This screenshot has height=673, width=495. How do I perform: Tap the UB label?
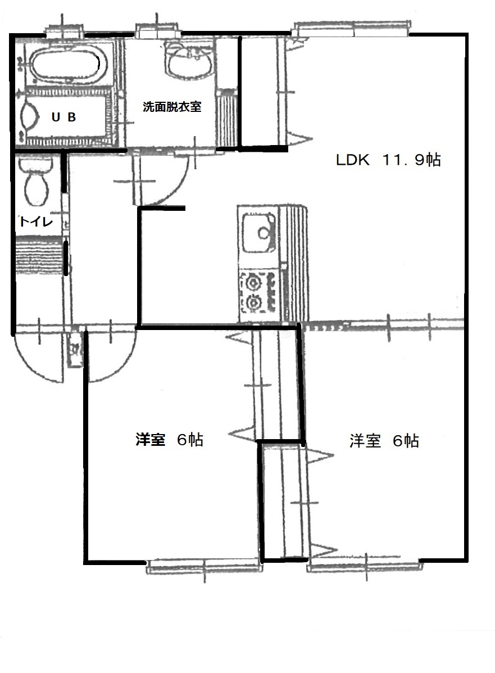(63, 117)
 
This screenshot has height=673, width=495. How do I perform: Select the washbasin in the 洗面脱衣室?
(189, 62)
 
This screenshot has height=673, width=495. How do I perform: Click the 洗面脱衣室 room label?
(171, 106)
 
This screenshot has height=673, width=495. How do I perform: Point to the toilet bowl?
(36, 184)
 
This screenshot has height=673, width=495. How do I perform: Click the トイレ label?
(36, 222)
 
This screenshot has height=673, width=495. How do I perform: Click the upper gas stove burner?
(253, 282)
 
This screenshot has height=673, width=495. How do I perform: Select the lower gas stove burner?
(253, 303)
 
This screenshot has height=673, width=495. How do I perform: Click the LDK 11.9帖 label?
(388, 160)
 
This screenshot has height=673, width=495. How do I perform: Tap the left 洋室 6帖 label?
(169, 440)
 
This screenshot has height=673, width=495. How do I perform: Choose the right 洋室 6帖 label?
(384, 441)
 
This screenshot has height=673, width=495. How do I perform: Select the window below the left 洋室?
(204, 566)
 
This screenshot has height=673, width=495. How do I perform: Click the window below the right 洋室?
(365, 567)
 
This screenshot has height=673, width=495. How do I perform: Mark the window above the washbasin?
(158, 31)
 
